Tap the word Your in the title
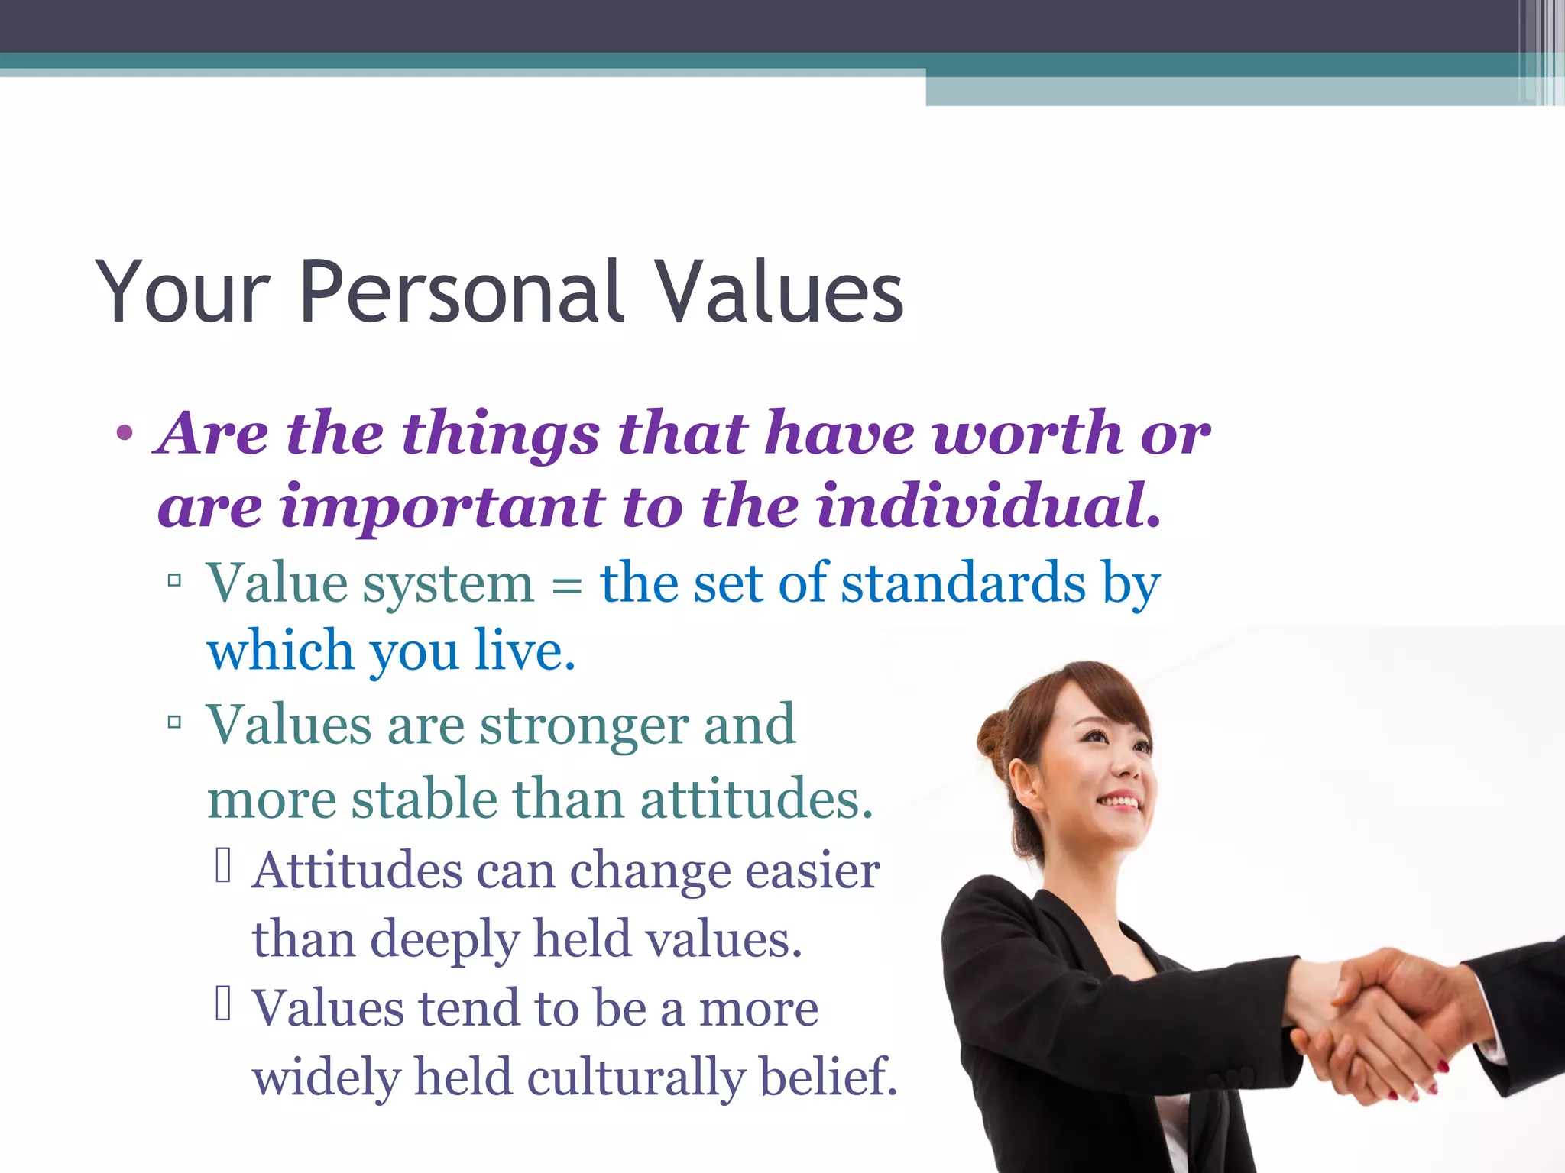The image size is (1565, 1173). pos(183,293)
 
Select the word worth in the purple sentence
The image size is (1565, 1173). pos(1027,434)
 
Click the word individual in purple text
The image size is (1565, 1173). pos(987,506)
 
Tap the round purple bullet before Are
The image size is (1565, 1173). pos(125,434)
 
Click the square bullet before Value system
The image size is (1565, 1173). pos(174,581)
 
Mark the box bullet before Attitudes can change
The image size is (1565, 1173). pos(223,867)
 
